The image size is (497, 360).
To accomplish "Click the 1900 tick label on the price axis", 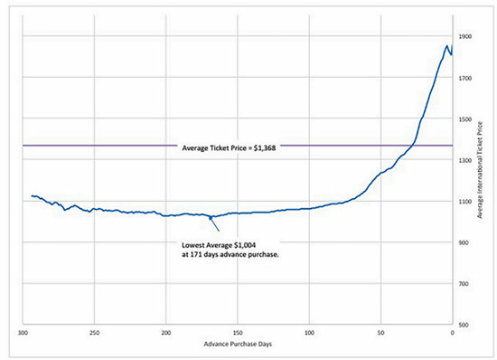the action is tap(465, 37).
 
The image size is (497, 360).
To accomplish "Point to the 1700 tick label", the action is tap(465, 78).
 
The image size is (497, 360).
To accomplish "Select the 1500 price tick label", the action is tap(465, 119).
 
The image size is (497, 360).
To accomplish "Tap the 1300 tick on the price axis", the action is tap(465, 160).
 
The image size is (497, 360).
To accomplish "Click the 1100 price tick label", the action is tap(465, 202).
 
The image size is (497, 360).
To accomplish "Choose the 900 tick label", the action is tap(464, 242).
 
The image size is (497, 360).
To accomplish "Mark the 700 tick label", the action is tap(464, 284).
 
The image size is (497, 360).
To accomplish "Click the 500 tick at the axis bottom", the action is tap(464, 325).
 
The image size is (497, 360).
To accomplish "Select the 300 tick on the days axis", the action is tap(23, 333).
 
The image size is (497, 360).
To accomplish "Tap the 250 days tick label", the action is tap(94, 333).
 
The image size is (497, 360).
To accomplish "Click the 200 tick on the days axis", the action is tap(165, 333).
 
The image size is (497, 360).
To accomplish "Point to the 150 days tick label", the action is tap(238, 333).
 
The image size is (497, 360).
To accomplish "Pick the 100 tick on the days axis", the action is tap(309, 333).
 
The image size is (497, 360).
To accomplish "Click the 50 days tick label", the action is tap(381, 333).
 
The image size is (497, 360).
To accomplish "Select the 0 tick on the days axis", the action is tap(453, 333).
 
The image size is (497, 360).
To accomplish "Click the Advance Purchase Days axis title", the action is tap(238, 344).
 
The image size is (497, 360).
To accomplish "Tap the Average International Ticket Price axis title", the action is tap(480, 170).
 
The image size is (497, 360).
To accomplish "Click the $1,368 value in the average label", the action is tap(265, 148).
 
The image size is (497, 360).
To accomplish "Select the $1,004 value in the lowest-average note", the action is tap(245, 245).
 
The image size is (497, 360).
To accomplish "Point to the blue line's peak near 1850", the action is tap(447, 45).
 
